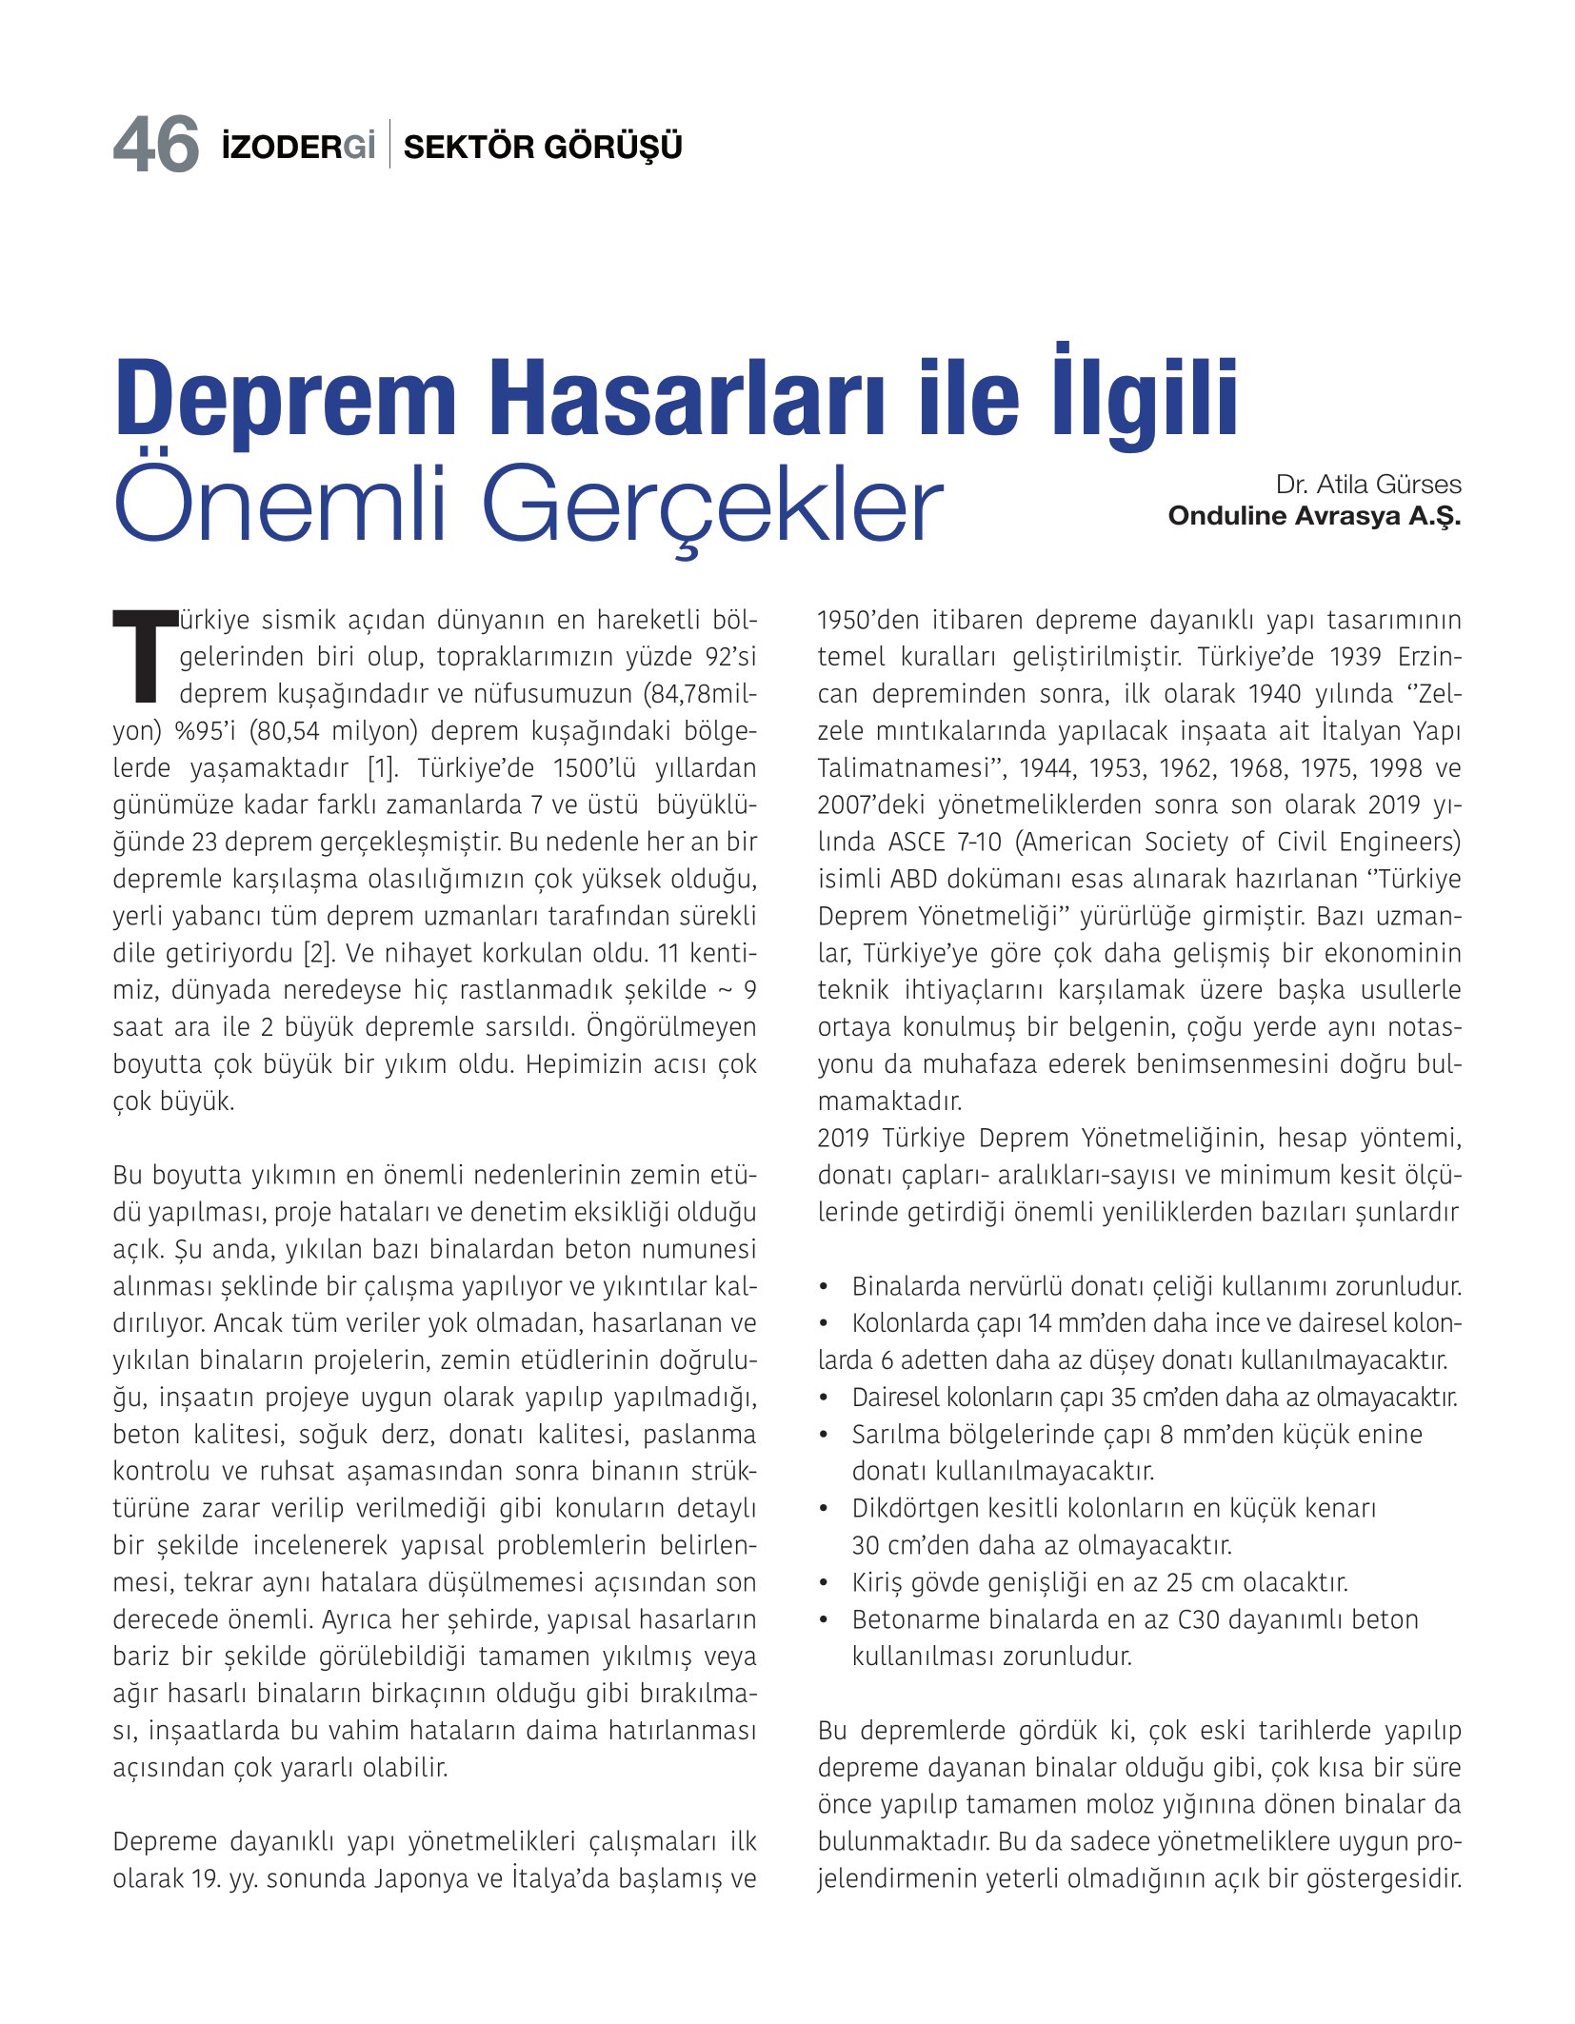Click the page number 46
[x=155, y=146]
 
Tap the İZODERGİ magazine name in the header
[x=297, y=147]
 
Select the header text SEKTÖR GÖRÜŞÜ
[x=543, y=147]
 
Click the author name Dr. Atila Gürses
[x=1367, y=485]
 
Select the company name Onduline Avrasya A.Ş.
[x=1314, y=516]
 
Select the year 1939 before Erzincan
[x=1356, y=657]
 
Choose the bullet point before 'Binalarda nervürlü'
[x=825, y=1287]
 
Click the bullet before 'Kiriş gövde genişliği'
[x=825, y=1583]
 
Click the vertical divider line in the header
[x=389, y=146]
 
